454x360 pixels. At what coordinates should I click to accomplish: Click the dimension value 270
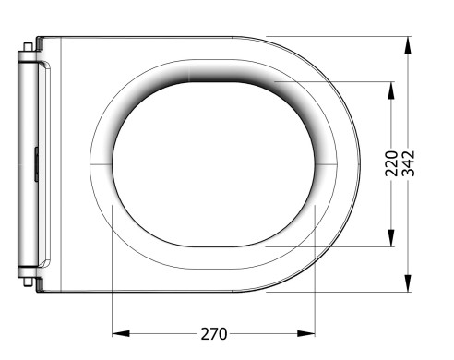point(214,333)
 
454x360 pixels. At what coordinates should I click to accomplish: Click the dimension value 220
point(391,163)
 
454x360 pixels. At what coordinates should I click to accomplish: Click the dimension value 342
point(409,163)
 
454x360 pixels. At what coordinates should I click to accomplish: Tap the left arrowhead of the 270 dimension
point(121,333)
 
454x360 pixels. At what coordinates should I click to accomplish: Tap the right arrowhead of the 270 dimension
point(306,333)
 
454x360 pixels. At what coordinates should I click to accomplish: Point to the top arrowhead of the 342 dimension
point(408,45)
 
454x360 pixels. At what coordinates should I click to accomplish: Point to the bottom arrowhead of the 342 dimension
point(408,283)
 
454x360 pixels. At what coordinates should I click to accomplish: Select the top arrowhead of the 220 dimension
point(391,90)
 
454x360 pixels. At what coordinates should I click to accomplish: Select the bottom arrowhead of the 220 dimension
point(391,238)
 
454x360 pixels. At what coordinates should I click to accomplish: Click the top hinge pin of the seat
point(28,47)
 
